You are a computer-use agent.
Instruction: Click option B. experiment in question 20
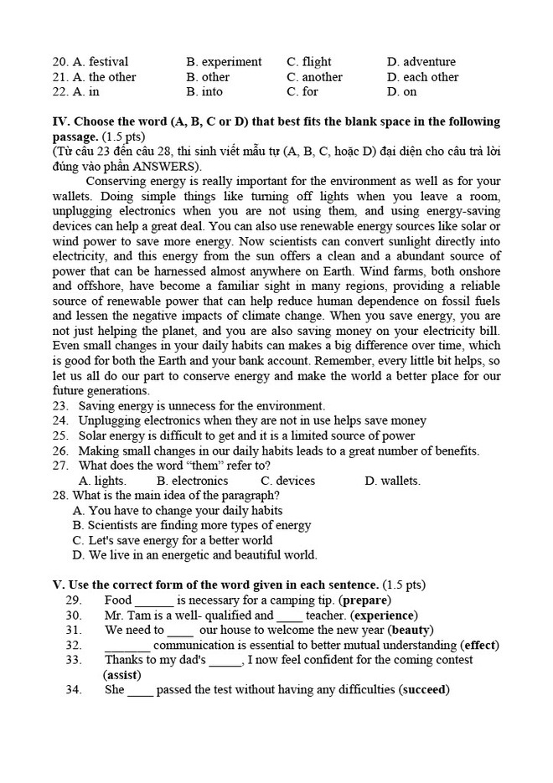pyautogui.click(x=224, y=62)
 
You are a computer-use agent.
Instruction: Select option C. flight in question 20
pyautogui.click(x=308, y=62)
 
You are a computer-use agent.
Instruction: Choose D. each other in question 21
pyautogui.click(x=422, y=77)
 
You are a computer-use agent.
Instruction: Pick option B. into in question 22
pyautogui.click(x=204, y=92)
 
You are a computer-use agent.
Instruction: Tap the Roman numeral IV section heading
pyautogui.click(x=60, y=121)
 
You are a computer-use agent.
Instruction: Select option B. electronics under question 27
pyautogui.click(x=192, y=481)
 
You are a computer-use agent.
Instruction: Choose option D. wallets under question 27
pyautogui.click(x=392, y=481)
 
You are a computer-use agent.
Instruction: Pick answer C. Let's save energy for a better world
pyautogui.click(x=172, y=540)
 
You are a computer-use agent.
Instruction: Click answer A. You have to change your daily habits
pyautogui.click(x=177, y=510)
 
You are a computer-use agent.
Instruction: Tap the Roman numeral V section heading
pyautogui.click(x=58, y=585)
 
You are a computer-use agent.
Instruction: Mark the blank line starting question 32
pyautogui.click(x=127, y=646)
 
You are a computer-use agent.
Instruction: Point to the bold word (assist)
pyautogui.click(x=122, y=675)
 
